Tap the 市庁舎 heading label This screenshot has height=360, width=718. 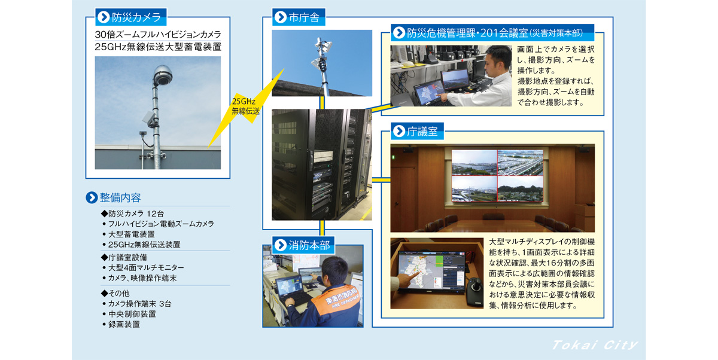tap(299, 17)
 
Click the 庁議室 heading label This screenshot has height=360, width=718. tap(418, 132)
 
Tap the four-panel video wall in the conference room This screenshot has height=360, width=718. tap(497, 175)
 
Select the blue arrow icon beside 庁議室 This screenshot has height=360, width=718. tap(399, 132)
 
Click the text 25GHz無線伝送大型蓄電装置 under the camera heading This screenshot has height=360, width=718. tap(158, 47)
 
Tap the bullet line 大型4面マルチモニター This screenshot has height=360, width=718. tap(146, 268)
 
